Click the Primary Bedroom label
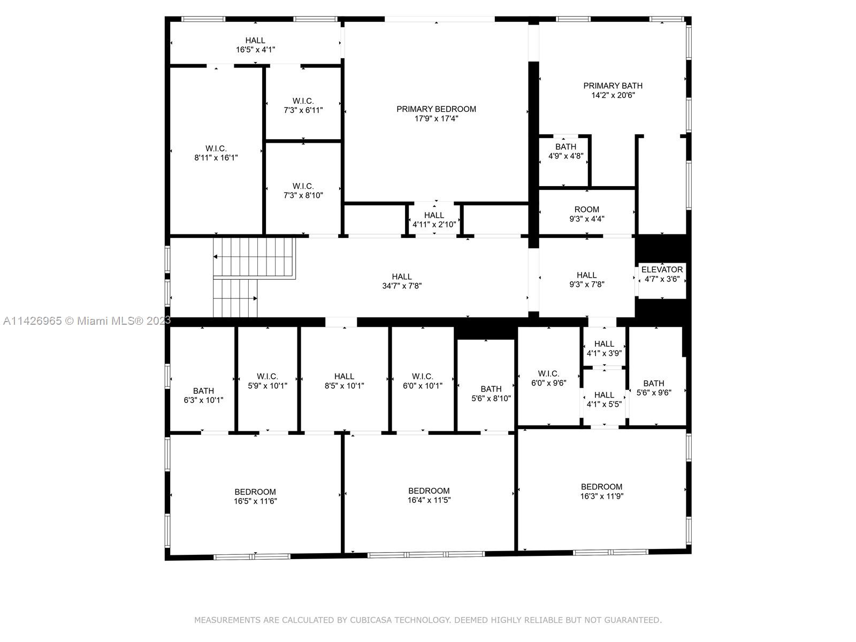[x=436, y=109]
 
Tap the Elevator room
[x=662, y=274]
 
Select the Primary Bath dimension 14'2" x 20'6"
[x=613, y=95]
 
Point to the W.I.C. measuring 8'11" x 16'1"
[x=216, y=153]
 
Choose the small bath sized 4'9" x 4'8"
[x=565, y=151]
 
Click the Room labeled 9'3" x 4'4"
[x=586, y=214]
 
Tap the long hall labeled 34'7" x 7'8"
[x=401, y=281]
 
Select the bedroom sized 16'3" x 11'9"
[x=601, y=491]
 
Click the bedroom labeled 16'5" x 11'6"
[x=255, y=496]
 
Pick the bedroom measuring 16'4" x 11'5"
[x=429, y=495]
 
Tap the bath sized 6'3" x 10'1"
[x=203, y=395]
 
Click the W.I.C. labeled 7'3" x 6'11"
[x=303, y=105]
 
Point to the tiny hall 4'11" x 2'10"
[x=434, y=219]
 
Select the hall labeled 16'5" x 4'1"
[x=255, y=44]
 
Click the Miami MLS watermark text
[x=86, y=320]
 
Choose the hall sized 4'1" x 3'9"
[x=603, y=348]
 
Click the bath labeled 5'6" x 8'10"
[x=491, y=393]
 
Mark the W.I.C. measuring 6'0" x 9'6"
[x=548, y=378]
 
